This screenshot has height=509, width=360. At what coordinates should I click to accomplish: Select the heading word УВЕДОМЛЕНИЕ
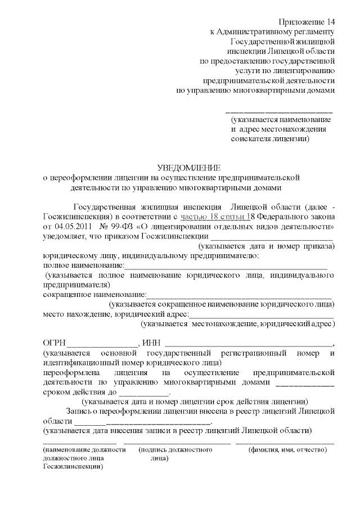(x=188, y=167)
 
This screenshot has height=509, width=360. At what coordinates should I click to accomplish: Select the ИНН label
(x=151, y=344)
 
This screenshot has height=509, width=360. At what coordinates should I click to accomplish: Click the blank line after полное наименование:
(x=226, y=265)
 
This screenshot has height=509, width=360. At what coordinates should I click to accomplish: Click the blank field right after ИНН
(x=248, y=345)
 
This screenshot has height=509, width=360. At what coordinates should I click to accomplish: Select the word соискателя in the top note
(x=253, y=138)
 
